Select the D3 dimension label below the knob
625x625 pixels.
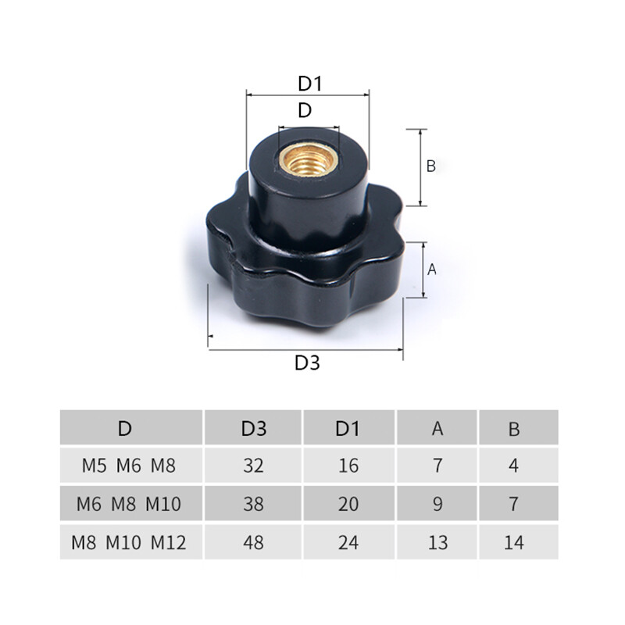(x=307, y=363)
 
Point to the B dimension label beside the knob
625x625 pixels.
(x=430, y=166)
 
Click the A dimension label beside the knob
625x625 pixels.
(x=432, y=270)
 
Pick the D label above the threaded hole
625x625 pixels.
(x=305, y=110)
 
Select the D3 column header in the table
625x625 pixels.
(x=253, y=428)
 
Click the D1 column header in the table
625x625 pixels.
(x=348, y=428)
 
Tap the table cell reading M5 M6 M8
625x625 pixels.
(x=129, y=466)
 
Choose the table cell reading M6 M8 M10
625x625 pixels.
(x=129, y=505)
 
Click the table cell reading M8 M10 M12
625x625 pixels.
(x=129, y=542)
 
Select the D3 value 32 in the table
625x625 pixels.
(x=253, y=466)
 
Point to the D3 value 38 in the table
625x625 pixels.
(x=253, y=505)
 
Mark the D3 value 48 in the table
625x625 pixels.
(x=253, y=542)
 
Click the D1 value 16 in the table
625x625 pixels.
(x=348, y=466)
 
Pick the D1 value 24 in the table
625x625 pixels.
(x=348, y=542)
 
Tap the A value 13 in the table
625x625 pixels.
(x=437, y=542)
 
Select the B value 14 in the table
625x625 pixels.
(x=513, y=542)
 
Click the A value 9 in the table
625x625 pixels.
(x=437, y=505)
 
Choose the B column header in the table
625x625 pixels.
(x=513, y=428)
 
